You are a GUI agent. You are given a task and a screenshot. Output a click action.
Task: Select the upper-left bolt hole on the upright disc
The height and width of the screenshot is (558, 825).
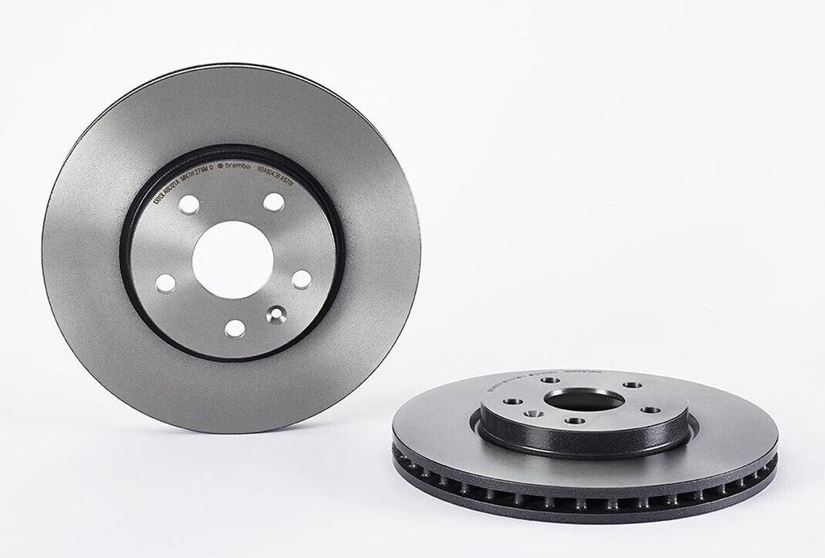point(189,205)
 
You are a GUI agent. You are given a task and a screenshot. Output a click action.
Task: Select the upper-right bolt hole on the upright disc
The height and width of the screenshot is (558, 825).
point(274,202)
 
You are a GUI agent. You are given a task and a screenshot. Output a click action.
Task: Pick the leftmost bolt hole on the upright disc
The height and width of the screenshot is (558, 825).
point(165,283)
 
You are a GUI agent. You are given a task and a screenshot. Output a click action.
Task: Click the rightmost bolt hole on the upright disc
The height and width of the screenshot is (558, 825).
point(301,279)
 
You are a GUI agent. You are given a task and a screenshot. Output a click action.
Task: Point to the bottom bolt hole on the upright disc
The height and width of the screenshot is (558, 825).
point(234,328)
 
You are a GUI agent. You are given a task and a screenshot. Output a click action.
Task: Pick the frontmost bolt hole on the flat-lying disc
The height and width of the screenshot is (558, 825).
point(574,420)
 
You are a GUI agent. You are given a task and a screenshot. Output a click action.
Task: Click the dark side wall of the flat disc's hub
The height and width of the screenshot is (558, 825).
point(584,442)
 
